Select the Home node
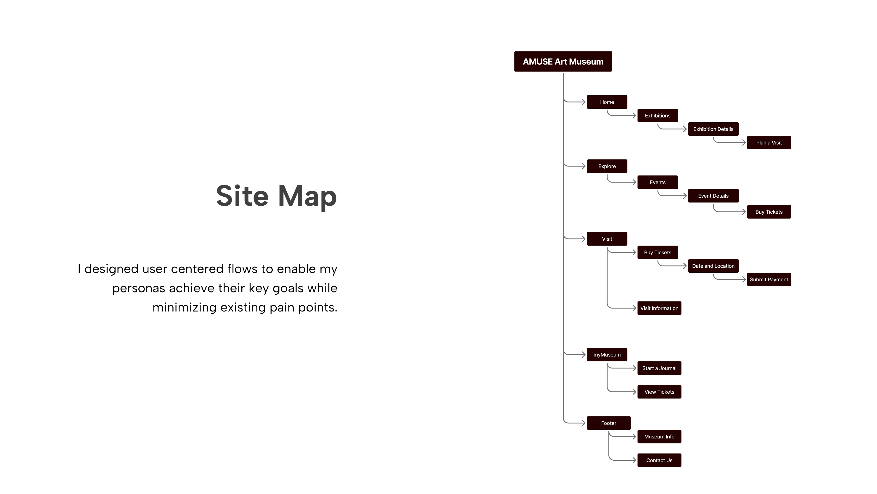click(x=607, y=102)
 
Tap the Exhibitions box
click(x=658, y=115)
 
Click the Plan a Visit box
click(x=769, y=142)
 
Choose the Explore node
click(x=607, y=166)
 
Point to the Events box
click(x=658, y=183)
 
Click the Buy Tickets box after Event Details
click(x=769, y=212)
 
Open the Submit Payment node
click(x=769, y=279)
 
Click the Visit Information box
click(x=659, y=308)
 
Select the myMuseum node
click(x=607, y=354)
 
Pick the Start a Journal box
click(x=659, y=368)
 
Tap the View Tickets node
click(x=659, y=392)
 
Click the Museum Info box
click(x=659, y=437)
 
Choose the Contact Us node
click(x=659, y=460)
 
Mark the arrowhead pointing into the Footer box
click(x=584, y=423)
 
